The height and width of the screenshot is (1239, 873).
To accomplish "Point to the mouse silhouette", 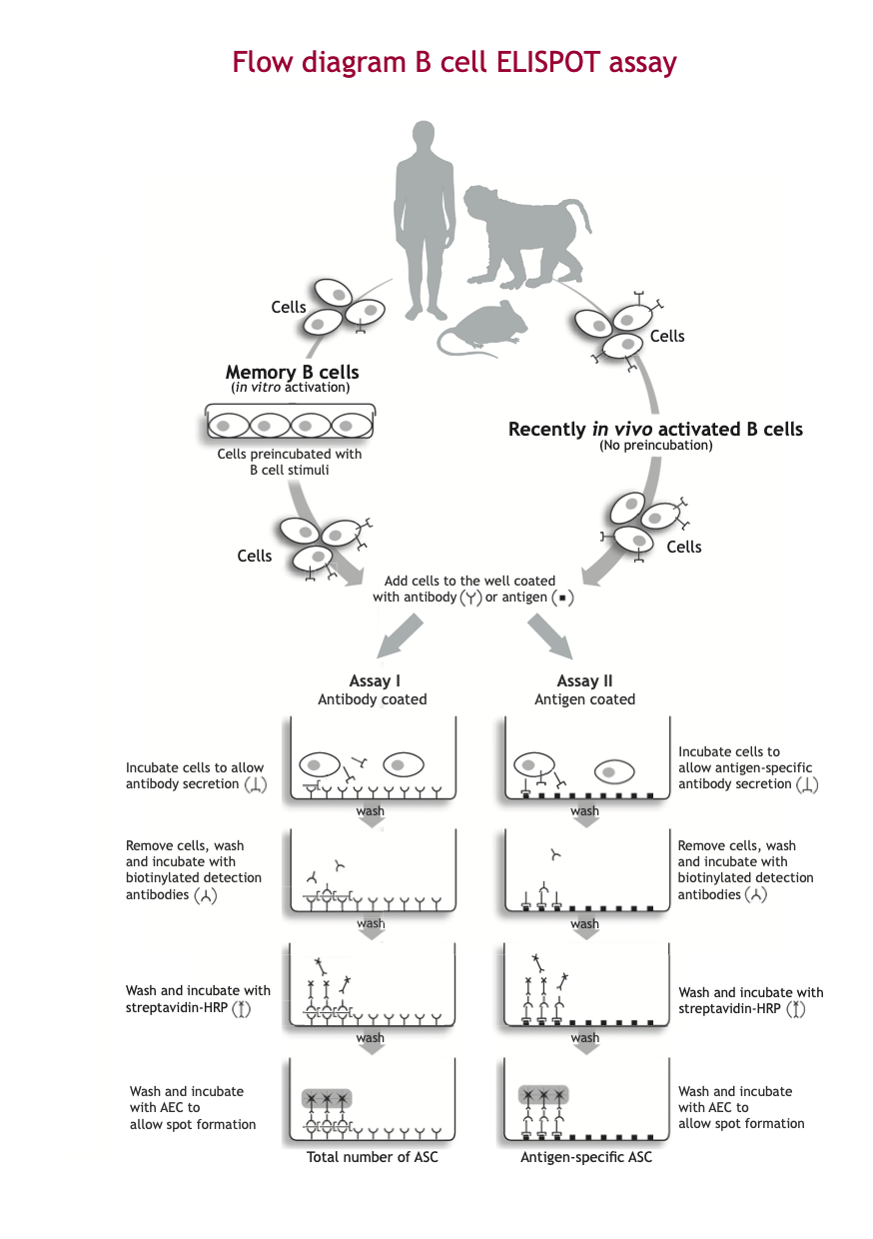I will click(479, 330).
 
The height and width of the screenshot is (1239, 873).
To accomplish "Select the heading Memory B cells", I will click(290, 372).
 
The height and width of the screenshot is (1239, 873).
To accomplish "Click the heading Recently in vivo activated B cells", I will click(655, 429).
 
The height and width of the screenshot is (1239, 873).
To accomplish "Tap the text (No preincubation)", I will click(655, 446).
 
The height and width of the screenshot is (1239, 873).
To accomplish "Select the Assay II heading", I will click(585, 681).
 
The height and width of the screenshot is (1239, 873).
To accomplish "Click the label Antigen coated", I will click(585, 699).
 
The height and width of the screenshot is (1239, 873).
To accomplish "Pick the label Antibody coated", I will click(373, 699).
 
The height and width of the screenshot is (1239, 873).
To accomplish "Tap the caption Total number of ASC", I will click(372, 1157).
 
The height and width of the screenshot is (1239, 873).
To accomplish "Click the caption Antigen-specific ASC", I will click(585, 1157).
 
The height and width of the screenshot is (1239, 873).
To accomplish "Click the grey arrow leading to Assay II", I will click(550, 635).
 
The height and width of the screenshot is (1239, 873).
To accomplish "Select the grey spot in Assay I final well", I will click(327, 1098).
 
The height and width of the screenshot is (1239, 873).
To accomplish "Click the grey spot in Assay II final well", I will click(543, 1095).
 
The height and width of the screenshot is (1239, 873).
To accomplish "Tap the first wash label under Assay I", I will click(371, 811).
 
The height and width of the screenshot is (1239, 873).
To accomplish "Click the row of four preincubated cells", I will click(290, 425).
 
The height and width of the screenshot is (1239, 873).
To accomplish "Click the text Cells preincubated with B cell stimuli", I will click(290, 462).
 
